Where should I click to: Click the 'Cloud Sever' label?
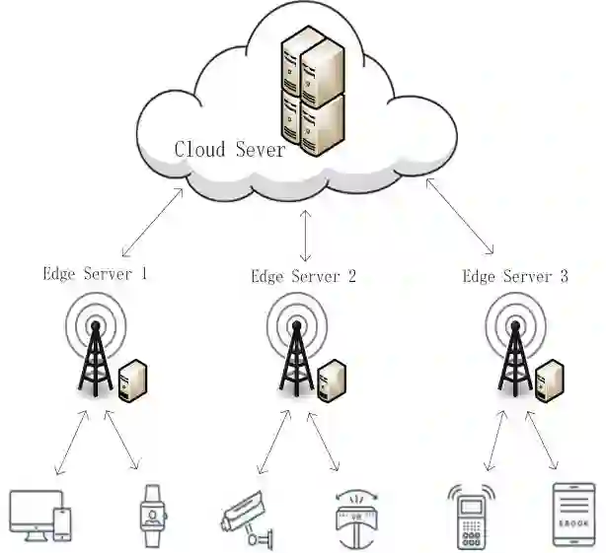point(229,150)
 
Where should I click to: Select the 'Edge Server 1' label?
point(95,274)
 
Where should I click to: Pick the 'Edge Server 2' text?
point(303,276)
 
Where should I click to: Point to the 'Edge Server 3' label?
point(515,276)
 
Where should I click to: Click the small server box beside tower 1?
point(131,380)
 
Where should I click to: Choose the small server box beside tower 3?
point(550,380)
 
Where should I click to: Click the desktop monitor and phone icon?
point(39,515)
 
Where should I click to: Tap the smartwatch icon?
point(151,515)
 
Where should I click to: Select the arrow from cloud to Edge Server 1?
point(151,223)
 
